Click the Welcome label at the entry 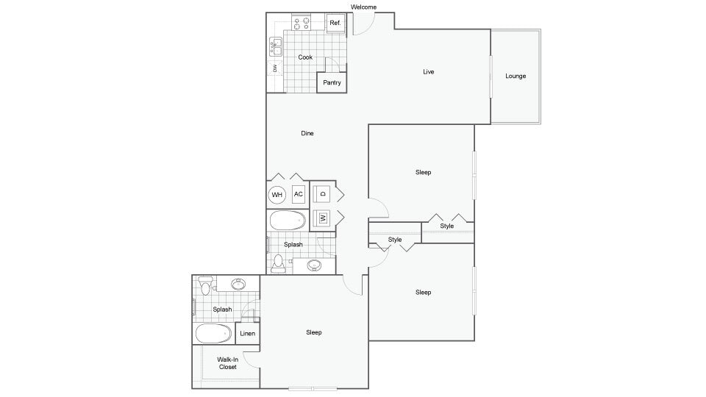[x=363, y=7]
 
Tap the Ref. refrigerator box [x=335, y=23]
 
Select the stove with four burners [x=301, y=23]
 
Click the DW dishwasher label [x=274, y=68]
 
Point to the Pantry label [x=332, y=82]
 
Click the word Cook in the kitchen [x=305, y=57]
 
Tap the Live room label [x=428, y=72]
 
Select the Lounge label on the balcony [x=516, y=76]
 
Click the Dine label [x=307, y=133]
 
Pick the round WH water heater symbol [x=277, y=195]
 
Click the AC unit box [x=299, y=194]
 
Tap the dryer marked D [x=322, y=194]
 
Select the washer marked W [x=322, y=218]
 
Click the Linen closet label [x=247, y=334]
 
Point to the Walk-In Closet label [x=227, y=363]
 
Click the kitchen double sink [x=274, y=48]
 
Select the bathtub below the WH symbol [x=287, y=220]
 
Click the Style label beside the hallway [x=395, y=240]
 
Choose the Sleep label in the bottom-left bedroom [x=314, y=332]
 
